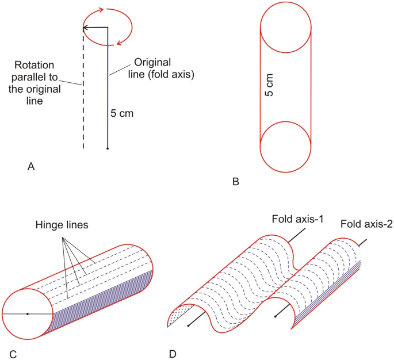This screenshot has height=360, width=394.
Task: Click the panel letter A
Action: [32, 167]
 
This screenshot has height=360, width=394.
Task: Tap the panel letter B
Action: [235, 182]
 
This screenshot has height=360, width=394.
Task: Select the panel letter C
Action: [13, 352]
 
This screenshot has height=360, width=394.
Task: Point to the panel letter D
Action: [171, 352]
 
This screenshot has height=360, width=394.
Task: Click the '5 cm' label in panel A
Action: [122, 113]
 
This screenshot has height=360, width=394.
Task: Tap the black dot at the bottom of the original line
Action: [108, 149]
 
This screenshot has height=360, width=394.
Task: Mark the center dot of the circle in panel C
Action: [28, 313]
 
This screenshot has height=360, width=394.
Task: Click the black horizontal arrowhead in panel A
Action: [86, 27]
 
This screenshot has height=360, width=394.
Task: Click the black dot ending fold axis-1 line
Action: [188, 326]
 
